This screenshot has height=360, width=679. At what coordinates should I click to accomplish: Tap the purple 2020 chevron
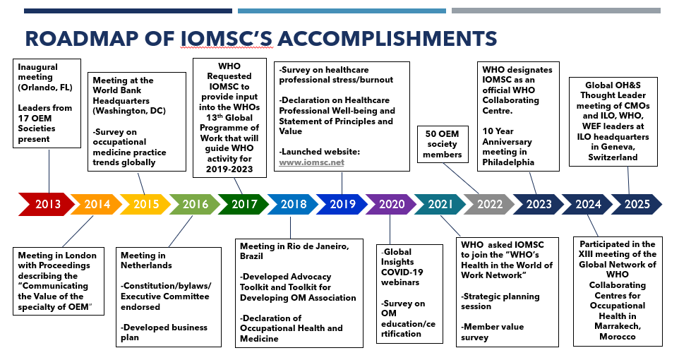tap(390, 205)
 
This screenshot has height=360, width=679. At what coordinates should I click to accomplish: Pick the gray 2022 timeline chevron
tap(488, 205)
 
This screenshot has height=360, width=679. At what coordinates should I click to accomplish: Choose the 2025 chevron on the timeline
tap(636, 205)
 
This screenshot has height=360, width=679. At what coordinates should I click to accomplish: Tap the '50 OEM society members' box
tap(445, 145)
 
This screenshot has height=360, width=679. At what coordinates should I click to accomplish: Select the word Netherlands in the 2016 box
tap(146, 265)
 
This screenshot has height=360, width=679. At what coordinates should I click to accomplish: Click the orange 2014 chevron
tap(97, 205)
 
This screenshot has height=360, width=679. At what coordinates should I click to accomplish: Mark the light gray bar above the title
tap(555, 11)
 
